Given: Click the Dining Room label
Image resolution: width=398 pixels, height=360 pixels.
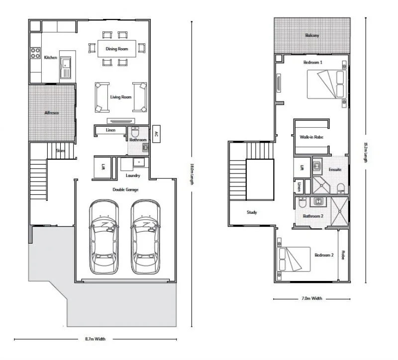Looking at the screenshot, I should pyautogui.click(x=117, y=49).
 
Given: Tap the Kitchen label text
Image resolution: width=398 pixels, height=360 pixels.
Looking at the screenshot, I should pyautogui.click(x=50, y=58).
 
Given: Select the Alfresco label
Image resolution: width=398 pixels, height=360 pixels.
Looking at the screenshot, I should pyautogui.click(x=52, y=113).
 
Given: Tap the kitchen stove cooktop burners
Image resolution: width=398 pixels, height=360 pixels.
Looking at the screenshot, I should pyautogui.click(x=35, y=52).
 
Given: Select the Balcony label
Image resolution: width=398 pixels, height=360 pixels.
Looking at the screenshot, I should pyautogui.click(x=312, y=35).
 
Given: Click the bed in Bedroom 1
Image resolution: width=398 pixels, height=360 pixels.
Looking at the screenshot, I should pyautogui.click(x=327, y=85).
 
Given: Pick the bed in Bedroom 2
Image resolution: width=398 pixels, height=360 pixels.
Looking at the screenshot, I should pyautogui.click(x=294, y=260).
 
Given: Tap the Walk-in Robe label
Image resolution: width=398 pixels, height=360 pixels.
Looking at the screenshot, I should pyautogui.click(x=311, y=136).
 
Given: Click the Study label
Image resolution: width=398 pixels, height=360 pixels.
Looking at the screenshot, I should pyautogui.click(x=252, y=212).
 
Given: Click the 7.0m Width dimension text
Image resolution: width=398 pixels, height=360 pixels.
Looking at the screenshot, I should pyautogui.click(x=311, y=299).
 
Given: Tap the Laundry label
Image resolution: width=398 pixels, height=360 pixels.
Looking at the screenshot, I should pyautogui.click(x=133, y=176).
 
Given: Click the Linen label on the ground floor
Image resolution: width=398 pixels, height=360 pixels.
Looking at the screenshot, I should pyautogui.click(x=110, y=130).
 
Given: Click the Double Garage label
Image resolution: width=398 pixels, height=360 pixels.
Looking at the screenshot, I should pyautogui.click(x=125, y=189).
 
